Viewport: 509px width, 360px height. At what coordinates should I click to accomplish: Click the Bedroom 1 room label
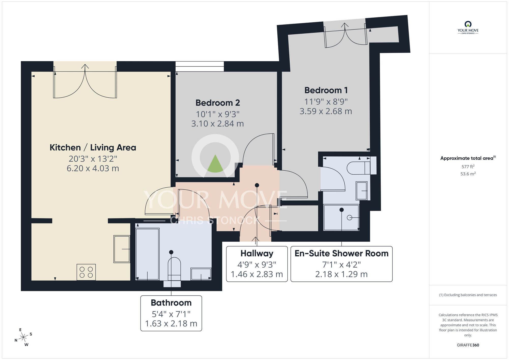[326, 90]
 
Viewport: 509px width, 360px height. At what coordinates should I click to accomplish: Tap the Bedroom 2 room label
[218, 103]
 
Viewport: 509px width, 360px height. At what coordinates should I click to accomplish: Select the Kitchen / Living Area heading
[93, 148]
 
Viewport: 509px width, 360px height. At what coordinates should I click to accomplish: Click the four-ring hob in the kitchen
[86, 272]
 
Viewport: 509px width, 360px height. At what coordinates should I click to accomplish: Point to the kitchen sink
[122, 249]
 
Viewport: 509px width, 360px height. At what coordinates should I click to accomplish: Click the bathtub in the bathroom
[147, 254]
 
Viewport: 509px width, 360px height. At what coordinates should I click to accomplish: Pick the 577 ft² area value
[468, 167]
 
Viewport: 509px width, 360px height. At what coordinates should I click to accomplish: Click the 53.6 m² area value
[468, 174]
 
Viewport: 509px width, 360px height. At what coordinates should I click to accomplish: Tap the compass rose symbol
[23, 338]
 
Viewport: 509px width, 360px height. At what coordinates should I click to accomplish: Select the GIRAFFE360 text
[468, 345]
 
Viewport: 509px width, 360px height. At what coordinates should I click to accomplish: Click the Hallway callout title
[257, 254]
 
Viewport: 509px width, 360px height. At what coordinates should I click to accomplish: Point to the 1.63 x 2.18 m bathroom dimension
[171, 324]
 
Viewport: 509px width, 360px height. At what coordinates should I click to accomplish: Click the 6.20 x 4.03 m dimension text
[93, 169]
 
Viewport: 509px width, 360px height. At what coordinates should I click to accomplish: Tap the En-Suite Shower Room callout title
[341, 254]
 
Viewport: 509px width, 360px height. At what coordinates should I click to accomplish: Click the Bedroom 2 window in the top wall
[200, 66]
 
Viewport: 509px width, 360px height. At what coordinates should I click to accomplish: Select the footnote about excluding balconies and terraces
[468, 295]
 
